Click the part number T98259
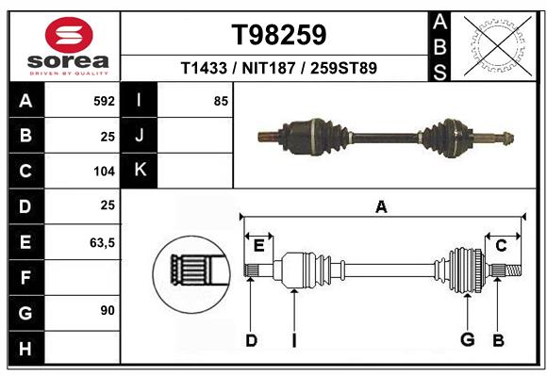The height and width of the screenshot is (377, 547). [x=279, y=36]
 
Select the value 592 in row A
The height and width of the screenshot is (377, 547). [x=103, y=101]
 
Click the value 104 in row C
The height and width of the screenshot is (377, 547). [x=103, y=172]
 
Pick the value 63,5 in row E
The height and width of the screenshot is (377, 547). [x=101, y=242]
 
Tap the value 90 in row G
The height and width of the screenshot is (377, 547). [x=107, y=310]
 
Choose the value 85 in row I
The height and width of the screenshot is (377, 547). [x=221, y=101]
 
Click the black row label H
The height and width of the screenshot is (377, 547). [x=25, y=350]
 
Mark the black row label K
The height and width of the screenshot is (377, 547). [x=140, y=171]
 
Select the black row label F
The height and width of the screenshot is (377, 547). [x=25, y=278]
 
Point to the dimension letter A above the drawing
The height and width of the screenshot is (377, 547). [x=381, y=206]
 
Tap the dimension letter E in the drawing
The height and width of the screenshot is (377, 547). [x=258, y=246]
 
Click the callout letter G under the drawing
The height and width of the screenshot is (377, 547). [x=466, y=340]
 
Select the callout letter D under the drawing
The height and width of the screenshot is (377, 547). [x=251, y=340]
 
